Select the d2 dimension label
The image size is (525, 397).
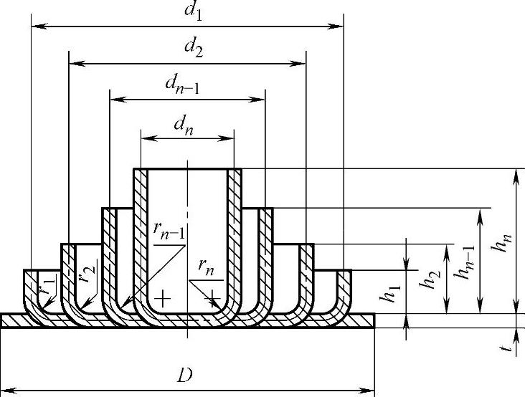point(193,49)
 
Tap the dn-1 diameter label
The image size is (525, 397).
point(182,87)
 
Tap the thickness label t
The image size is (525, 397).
point(506,349)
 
